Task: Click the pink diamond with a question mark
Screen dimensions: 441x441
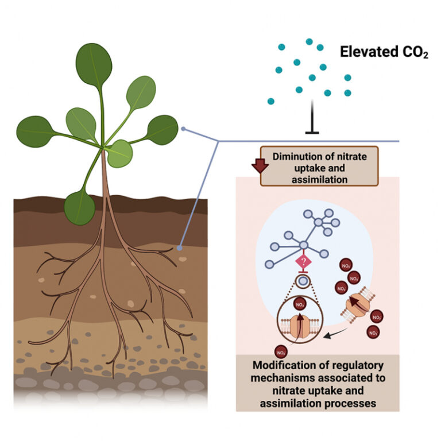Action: click(x=303, y=264)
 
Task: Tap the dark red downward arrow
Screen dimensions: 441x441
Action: click(x=260, y=165)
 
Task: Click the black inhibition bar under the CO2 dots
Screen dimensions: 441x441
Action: click(x=312, y=132)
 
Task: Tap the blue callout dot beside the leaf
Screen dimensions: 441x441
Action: click(x=183, y=129)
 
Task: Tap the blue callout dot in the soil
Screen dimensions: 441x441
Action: click(x=180, y=248)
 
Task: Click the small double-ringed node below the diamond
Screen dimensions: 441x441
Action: click(x=303, y=282)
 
